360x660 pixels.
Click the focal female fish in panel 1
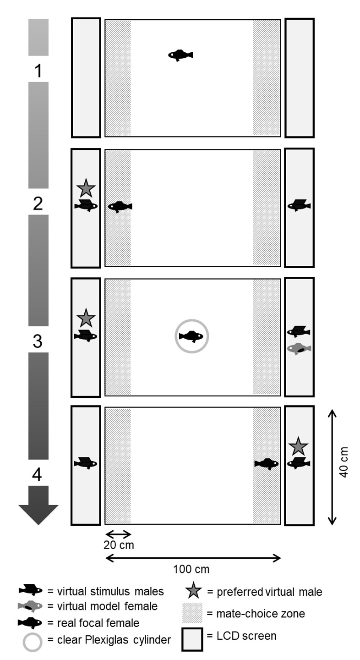pyautogui.click(x=180, y=55)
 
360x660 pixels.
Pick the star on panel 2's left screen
pyautogui.click(x=86, y=188)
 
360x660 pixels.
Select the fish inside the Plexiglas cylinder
pyautogui.click(x=191, y=336)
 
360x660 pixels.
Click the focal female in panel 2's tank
pyautogui.click(x=120, y=207)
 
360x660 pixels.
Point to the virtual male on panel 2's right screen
pyautogui.click(x=299, y=205)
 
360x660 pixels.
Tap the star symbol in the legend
pyautogui.click(x=192, y=591)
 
